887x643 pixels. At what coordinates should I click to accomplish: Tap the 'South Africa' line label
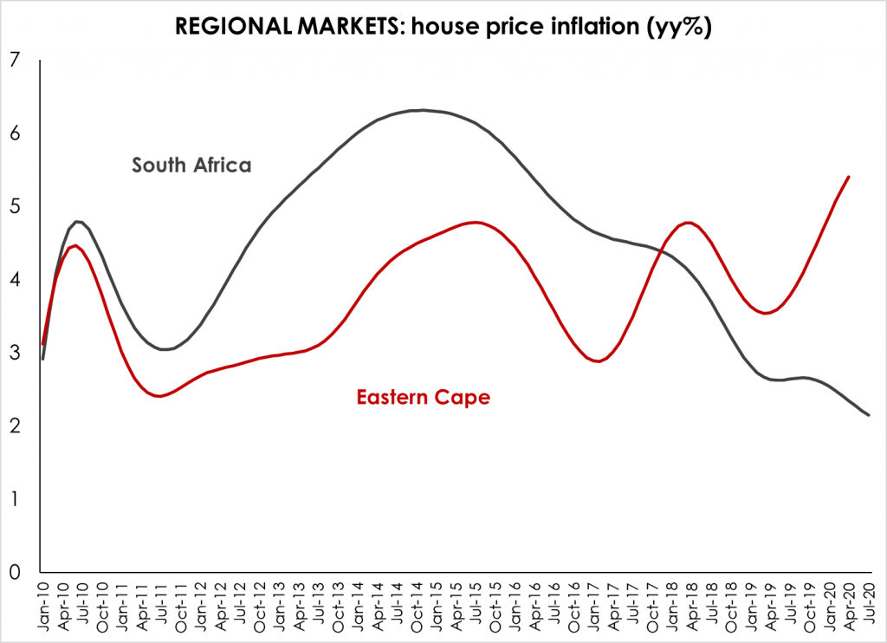coord(191,165)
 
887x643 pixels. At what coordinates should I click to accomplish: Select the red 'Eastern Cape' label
coord(423,398)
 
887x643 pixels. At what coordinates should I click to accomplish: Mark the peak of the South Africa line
coord(421,110)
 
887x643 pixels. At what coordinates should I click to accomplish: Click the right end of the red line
coord(848,177)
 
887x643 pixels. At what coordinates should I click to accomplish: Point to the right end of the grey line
coord(868,415)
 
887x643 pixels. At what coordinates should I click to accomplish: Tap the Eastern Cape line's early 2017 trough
coord(598,361)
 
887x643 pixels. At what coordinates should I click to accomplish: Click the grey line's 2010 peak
coord(79,221)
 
